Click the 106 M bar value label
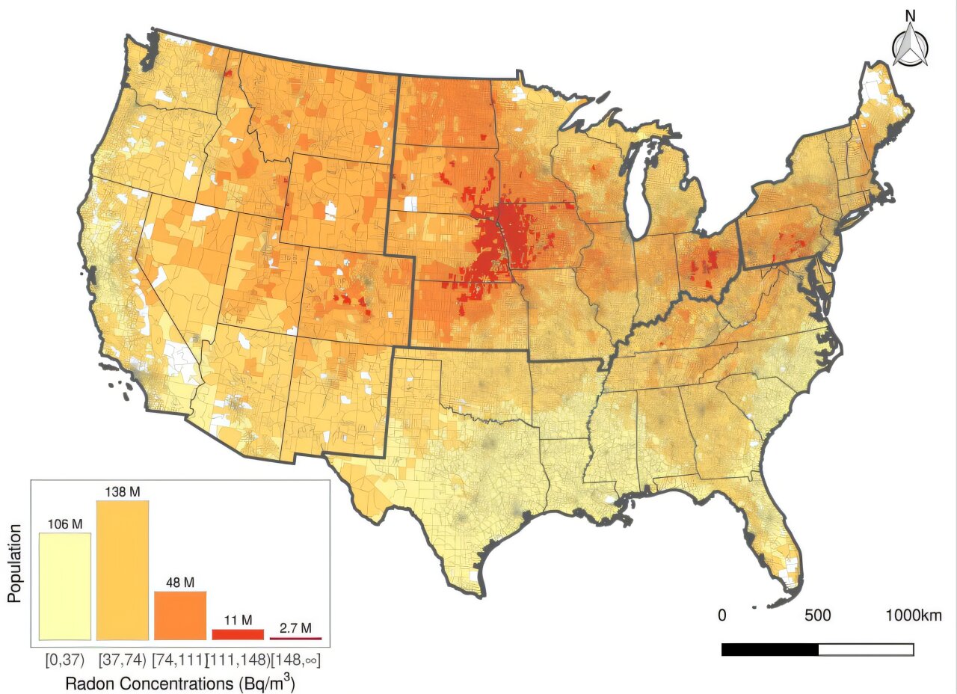pyautogui.click(x=65, y=523)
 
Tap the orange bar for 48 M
pyautogui.click(x=180, y=615)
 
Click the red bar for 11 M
pyautogui.click(x=238, y=634)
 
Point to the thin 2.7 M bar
pyautogui.click(x=295, y=639)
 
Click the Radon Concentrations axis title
pyautogui.click(x=179, y=683)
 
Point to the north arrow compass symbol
pyautogui.click(x=911, y=47)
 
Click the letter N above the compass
pyautogui.click(x=911, y=15)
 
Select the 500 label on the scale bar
pyautogui.click(x=817, y=615)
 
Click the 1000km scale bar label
pyautogui.click(x=914, y=615)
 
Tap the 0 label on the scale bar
pyautogui.click(x=722, y=615)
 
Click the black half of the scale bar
pyautogui.click(x=770, y=649)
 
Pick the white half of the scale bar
pyautogui.click(x=866, y=649)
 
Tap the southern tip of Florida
pyautogui.click(x=778, y=598)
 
